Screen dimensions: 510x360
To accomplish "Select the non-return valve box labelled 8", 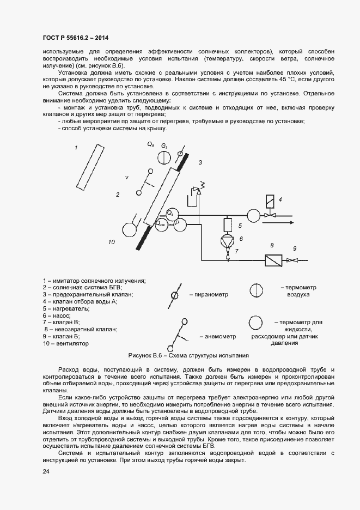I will click(x=272, y=260).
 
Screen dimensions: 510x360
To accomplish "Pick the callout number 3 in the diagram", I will click(x=200, y=162).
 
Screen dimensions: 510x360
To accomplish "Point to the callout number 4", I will click(x=280, y=199).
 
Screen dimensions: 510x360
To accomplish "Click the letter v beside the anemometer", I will click(x=126, y=178).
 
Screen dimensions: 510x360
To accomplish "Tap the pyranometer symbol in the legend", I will click(x=175, y=295).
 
